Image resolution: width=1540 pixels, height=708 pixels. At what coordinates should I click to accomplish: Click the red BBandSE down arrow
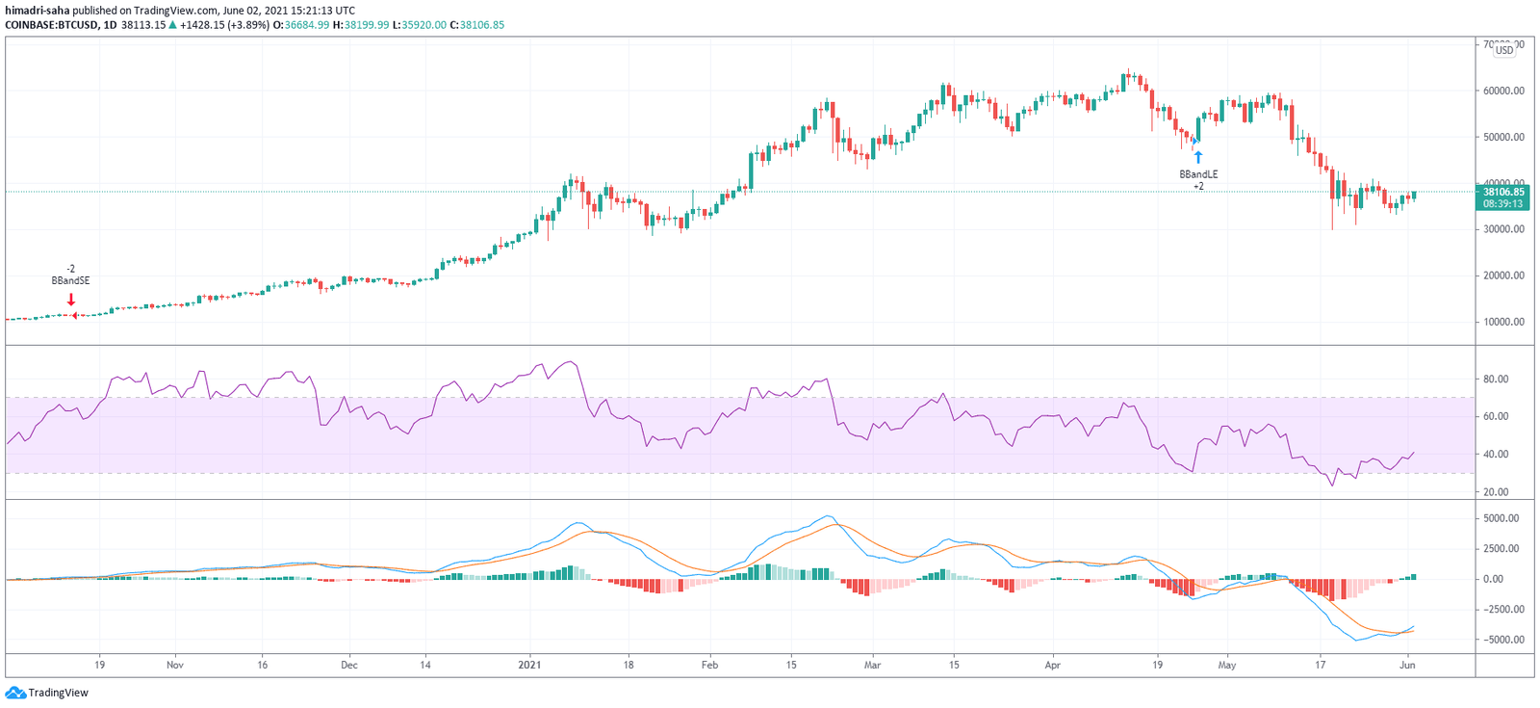click(71, 300)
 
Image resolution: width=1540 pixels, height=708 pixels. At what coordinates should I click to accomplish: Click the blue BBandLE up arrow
click(1198, 157)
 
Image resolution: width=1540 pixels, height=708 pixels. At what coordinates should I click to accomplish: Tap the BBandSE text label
click(70, 281)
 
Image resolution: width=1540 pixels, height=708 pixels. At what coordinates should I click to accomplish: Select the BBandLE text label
click(1198, 174)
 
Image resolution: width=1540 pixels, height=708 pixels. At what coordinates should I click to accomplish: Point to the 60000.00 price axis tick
click(1503, 92)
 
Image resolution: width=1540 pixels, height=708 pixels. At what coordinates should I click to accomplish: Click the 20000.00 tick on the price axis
click(1503, 275)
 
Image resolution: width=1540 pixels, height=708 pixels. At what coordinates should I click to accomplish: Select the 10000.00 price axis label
click(1503, 322)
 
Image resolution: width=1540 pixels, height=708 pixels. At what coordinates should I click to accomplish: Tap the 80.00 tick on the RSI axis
click(1496, 380)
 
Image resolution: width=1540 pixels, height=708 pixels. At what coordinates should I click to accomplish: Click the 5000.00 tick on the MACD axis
click(1501, 518)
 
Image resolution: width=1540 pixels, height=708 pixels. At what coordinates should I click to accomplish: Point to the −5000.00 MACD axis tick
click(1500, 640)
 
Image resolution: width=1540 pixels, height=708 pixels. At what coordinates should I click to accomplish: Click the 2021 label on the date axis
click(529, 665)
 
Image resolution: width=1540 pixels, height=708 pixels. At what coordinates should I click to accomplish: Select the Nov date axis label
click(175, 665)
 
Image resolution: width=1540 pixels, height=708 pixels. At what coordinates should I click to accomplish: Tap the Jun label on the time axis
click(1407, 665)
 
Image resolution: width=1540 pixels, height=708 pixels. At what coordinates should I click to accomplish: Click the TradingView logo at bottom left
click(47, 693)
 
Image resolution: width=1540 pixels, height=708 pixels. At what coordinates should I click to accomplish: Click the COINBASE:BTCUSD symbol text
click(51, 25)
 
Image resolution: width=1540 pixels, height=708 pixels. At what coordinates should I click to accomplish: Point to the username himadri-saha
click(36, 11)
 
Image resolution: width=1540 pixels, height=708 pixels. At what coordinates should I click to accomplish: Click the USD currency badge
click(1503, 50)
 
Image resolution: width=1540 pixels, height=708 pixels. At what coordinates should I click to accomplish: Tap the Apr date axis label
click(1052, 665)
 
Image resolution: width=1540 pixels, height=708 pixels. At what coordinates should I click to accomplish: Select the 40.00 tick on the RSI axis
click(1496, 455)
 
